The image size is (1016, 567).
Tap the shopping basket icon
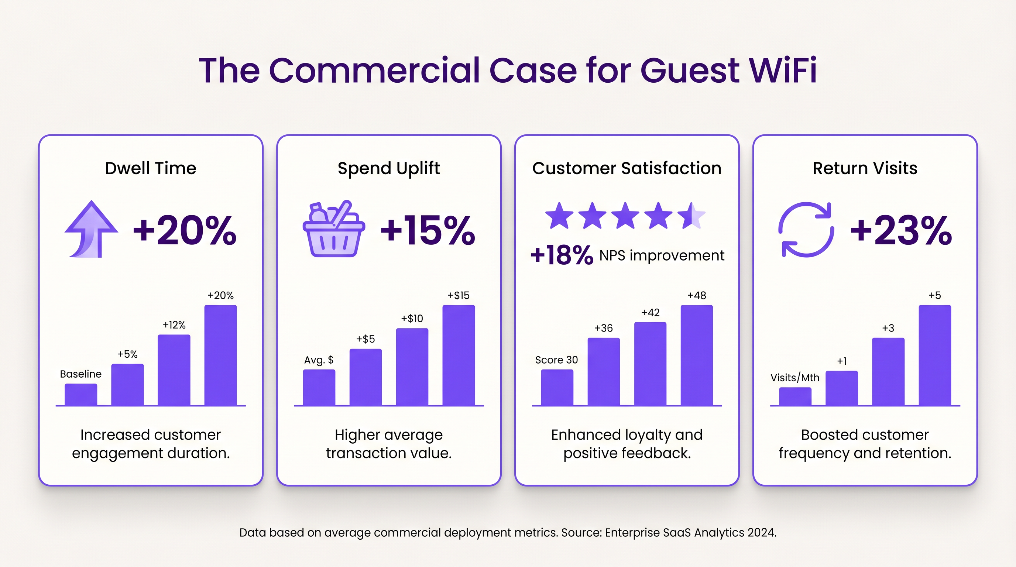pos(334,230)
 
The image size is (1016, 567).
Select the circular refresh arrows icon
pos(806,230)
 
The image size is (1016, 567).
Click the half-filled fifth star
pos(691,215)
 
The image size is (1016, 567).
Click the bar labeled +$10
pos(412,367)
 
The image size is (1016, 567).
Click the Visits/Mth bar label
pos(795,378)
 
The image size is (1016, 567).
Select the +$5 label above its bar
pos(365,339)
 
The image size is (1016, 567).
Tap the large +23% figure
pos(901,230)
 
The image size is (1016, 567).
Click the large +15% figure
pos(428,230)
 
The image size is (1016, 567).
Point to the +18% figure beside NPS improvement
pos(562,255)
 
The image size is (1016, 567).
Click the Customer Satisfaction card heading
pos(627,168)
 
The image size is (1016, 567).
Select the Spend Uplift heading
pos(388,168)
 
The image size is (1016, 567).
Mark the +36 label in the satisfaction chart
pos(604,328)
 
